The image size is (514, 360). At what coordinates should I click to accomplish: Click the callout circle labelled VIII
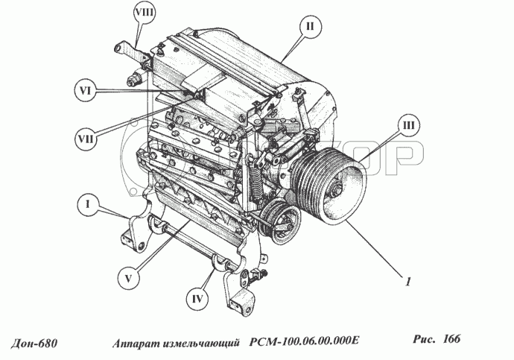point(145,13)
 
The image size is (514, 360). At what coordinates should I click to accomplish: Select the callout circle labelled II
point(310,26)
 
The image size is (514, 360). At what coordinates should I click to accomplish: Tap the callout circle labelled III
point(408,126)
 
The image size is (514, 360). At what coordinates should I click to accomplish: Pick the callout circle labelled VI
point(85,90)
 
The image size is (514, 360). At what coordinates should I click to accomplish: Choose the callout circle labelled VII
point(86,139)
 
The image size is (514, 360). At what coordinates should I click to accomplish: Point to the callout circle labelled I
point(87,204)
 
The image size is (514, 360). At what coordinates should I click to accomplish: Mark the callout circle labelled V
point(128,278)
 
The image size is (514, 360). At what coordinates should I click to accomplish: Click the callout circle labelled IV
point(197,299)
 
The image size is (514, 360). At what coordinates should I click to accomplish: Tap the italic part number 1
point(408,281)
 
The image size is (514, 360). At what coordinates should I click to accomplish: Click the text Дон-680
point(34,344)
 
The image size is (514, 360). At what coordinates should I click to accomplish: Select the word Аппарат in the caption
point(136,344)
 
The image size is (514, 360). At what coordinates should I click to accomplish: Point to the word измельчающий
point(200,344)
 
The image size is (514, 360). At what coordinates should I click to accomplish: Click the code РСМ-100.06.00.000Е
point(304,341)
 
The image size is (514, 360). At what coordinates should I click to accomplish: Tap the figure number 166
point(451,338)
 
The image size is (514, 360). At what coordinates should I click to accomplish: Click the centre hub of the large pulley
point(337,189)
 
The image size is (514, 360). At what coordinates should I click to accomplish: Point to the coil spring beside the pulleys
point(256,184)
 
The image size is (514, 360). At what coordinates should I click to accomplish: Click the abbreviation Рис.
point(424,339)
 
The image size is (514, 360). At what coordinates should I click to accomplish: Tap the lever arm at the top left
point(130,50)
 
